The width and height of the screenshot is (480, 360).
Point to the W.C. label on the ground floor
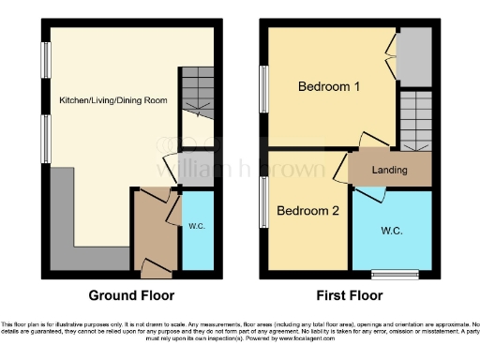click(197, 225)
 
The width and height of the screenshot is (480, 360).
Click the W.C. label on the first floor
click(392, 230)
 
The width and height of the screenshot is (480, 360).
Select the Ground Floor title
click(131, 295)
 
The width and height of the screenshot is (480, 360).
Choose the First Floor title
click(348, 295)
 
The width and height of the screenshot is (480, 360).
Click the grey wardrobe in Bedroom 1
click(413, 55)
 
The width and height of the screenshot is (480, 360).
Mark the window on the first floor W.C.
click(386, 275)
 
